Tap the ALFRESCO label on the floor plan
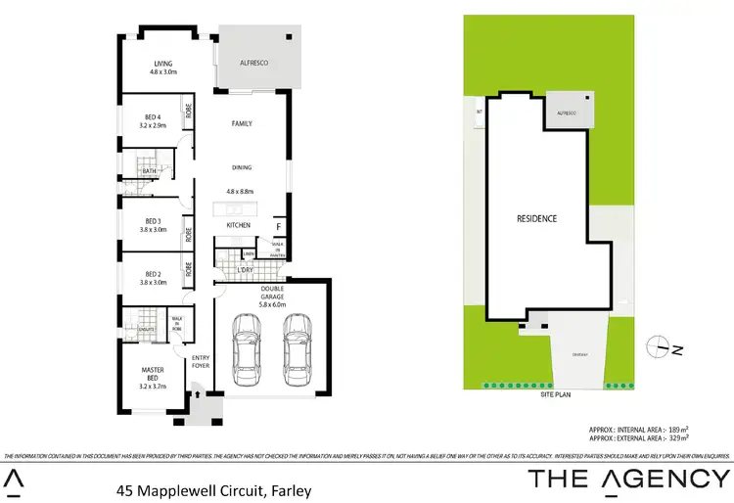pyautogui.click(x=254, y=63)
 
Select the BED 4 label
pyautogui.click(x=153, y=117)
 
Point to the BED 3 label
pyautogui.click(x=153, y=220)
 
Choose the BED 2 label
pyautogui.click(x=153, y=274)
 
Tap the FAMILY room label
pyautogui.click(x=242, y=124)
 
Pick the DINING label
pyautogui.click(x=242, y=167)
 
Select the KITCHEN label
pyautogui.click(x=239, y=225)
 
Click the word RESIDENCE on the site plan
pyautogui.click(x=536, y=218)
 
